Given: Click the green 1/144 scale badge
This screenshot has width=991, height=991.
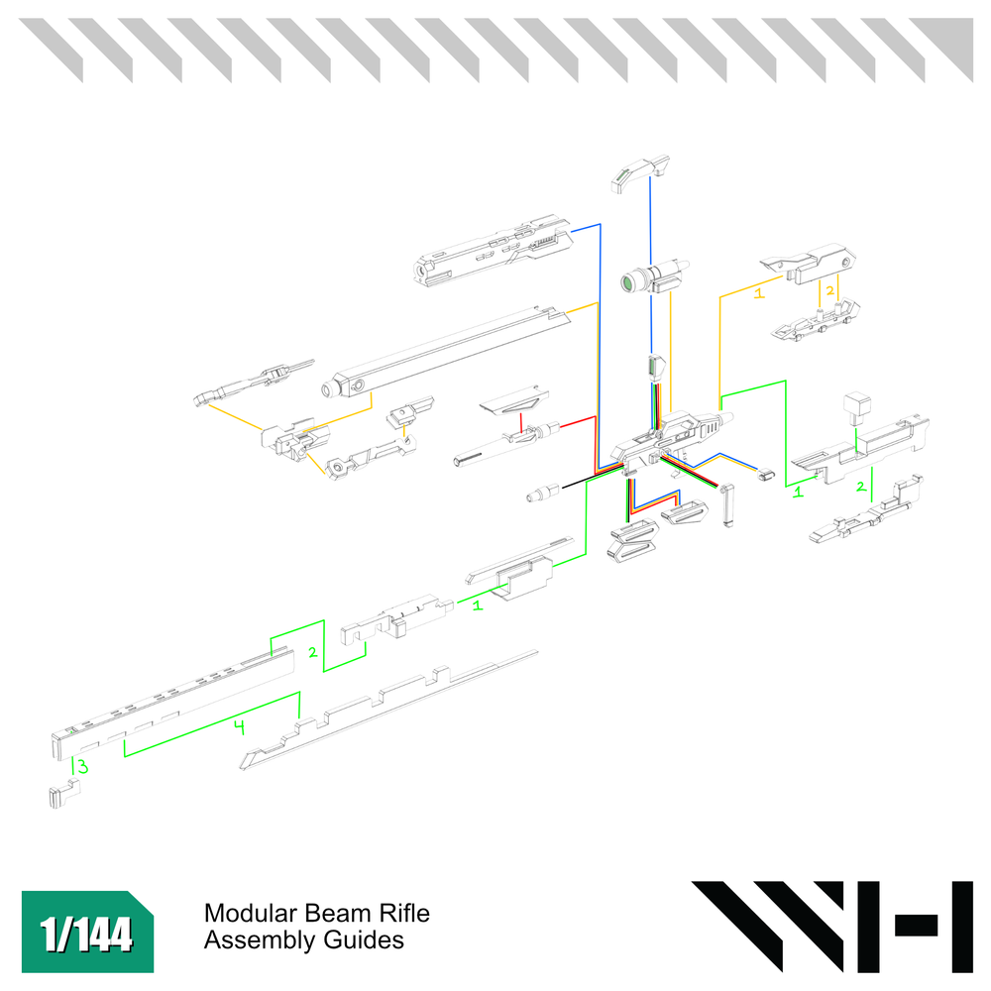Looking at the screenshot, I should point(88,933).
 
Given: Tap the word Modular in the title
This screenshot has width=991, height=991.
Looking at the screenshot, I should point(244,913).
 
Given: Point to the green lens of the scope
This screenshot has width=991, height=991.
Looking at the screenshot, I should point(628,283).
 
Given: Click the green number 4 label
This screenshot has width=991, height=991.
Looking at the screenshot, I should point(238,727).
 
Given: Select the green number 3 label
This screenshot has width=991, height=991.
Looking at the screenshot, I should point(83,766).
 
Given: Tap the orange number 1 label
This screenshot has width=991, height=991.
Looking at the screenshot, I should point(759,293).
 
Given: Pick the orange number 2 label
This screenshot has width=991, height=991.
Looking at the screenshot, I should point(829,290).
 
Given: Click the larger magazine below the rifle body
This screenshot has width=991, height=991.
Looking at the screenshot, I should point(631,542).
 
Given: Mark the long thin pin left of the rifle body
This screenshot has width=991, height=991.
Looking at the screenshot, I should point(481,456).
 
